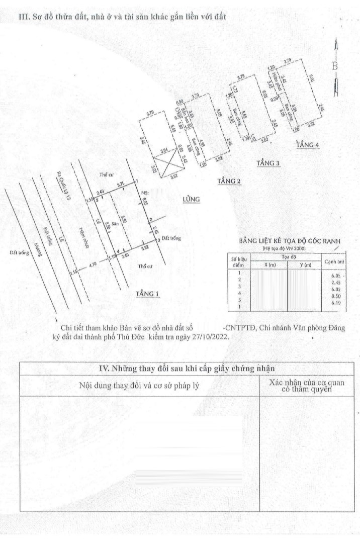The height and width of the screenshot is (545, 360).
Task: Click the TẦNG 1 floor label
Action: click(x=147, y=294)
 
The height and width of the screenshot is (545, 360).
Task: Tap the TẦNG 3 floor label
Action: click(x=267, y=163)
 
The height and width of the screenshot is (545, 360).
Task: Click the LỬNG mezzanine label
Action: click(x=192, y=200)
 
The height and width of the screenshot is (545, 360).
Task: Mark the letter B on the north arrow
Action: click(x=335, y=66)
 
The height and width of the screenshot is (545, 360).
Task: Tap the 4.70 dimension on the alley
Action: click(x=92, y=263)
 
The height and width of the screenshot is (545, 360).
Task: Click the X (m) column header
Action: click(x=269, y=265)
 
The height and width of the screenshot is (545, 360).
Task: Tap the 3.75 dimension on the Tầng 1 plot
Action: click(x=121, y=185)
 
